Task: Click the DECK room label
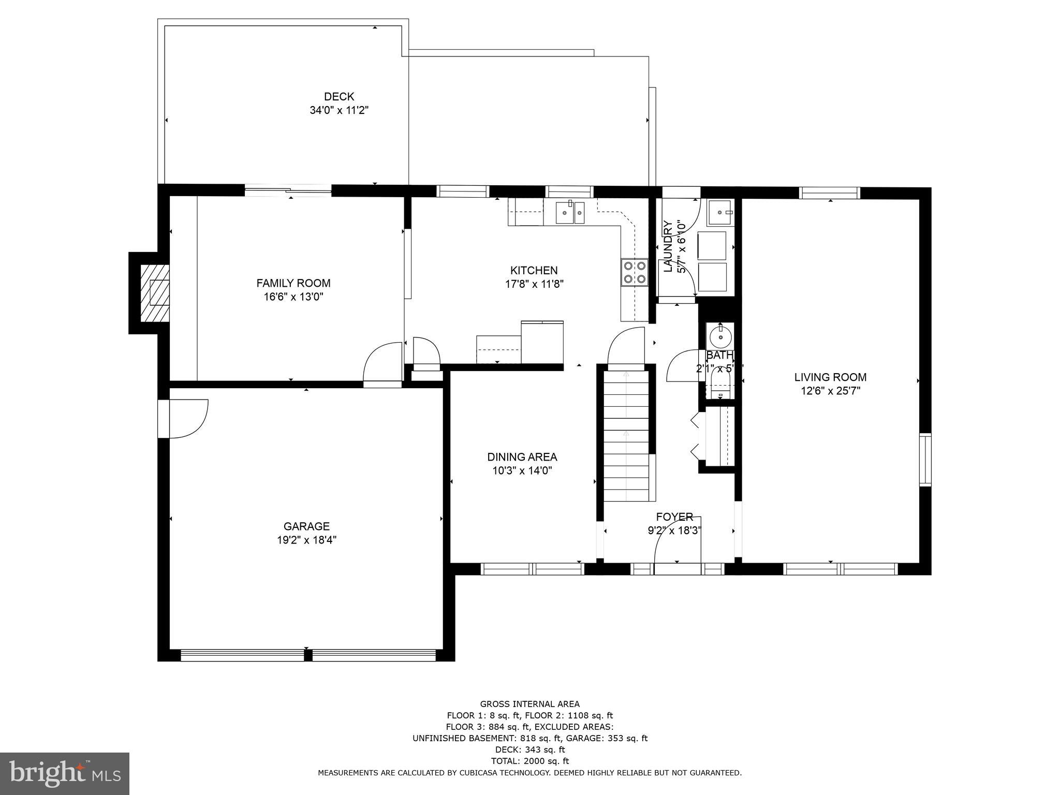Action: point(339,96)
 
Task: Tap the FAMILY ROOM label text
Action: point(293,283)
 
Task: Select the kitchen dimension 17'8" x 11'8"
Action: point(534,284)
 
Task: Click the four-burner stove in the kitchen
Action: point(635,272)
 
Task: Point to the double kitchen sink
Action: point(570,213)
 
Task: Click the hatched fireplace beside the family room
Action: point(154,293)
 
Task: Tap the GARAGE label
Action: point(306,526)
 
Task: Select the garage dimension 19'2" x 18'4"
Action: point(306,540)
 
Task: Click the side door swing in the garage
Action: point(189,418)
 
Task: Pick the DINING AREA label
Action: point(522,457)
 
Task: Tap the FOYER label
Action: point(674,517)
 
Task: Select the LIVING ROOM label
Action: point(830,377)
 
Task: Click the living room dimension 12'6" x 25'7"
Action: point(830,391)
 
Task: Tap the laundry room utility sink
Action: point(720,213)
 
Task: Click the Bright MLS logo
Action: point(65,773)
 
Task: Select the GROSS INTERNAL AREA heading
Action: point(529,704)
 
